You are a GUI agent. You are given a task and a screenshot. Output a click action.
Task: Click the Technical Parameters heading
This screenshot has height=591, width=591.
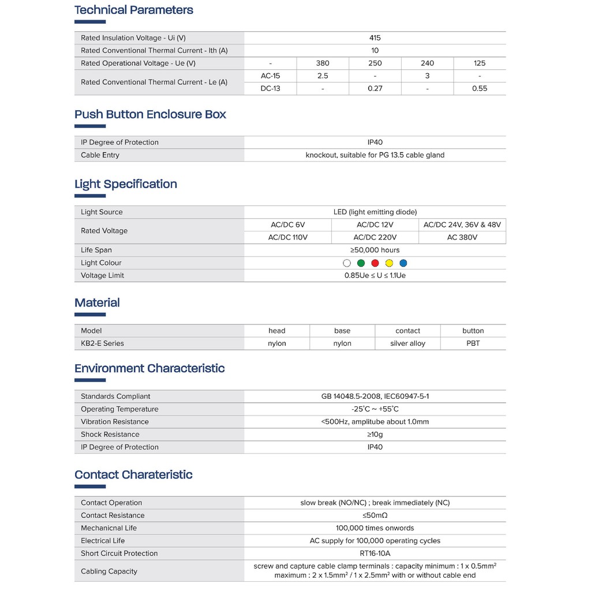click(x=134, y=10)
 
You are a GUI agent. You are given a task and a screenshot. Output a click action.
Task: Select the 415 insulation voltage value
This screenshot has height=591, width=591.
click(x=375, y=38)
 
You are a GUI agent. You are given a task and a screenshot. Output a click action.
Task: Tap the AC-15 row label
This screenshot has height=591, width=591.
click(x=271, y=76)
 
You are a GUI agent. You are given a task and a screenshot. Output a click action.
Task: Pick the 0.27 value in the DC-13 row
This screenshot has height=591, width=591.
click(x=375, y=89)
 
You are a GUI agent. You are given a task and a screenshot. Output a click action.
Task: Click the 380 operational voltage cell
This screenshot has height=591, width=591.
click(x=323, y=63)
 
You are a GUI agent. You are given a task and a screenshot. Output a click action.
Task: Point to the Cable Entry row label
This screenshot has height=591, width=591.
click(x=100, y=155)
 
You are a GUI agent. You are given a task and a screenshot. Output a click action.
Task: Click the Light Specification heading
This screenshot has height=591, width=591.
click(x=126, y=184)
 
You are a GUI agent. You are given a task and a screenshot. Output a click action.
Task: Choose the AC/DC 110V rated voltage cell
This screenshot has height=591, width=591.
click(x=288, y=237)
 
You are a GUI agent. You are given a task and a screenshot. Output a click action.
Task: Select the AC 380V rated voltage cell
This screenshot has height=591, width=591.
click(x=462, y=237)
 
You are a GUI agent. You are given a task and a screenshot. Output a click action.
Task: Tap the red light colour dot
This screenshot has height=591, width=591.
click(x=375, y=263)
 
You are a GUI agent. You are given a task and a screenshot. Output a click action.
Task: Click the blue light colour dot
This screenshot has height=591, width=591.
click(x=403, y=263)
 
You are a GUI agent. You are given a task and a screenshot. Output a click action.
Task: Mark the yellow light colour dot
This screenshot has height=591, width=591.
click(x=389, y=263)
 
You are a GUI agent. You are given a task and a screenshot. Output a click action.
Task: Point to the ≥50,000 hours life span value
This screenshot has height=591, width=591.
click(x=375, y=250)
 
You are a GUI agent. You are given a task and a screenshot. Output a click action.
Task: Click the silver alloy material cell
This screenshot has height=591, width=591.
click(x=408, y=343)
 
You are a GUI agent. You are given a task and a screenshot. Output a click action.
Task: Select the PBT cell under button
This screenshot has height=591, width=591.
click(x=473, y=343)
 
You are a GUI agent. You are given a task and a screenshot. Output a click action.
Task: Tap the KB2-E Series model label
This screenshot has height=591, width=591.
click(x=102, y=343)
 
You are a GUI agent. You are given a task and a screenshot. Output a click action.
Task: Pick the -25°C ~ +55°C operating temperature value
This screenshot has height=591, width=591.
click(x=375, y=409)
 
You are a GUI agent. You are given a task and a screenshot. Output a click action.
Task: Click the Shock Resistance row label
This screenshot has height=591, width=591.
click(x=110, y=435)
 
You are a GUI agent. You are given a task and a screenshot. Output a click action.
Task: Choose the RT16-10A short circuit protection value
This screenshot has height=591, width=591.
click(x=375, y=553)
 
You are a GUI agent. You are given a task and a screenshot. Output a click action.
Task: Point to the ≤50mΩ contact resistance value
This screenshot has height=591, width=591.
click(x=375, y=515)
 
